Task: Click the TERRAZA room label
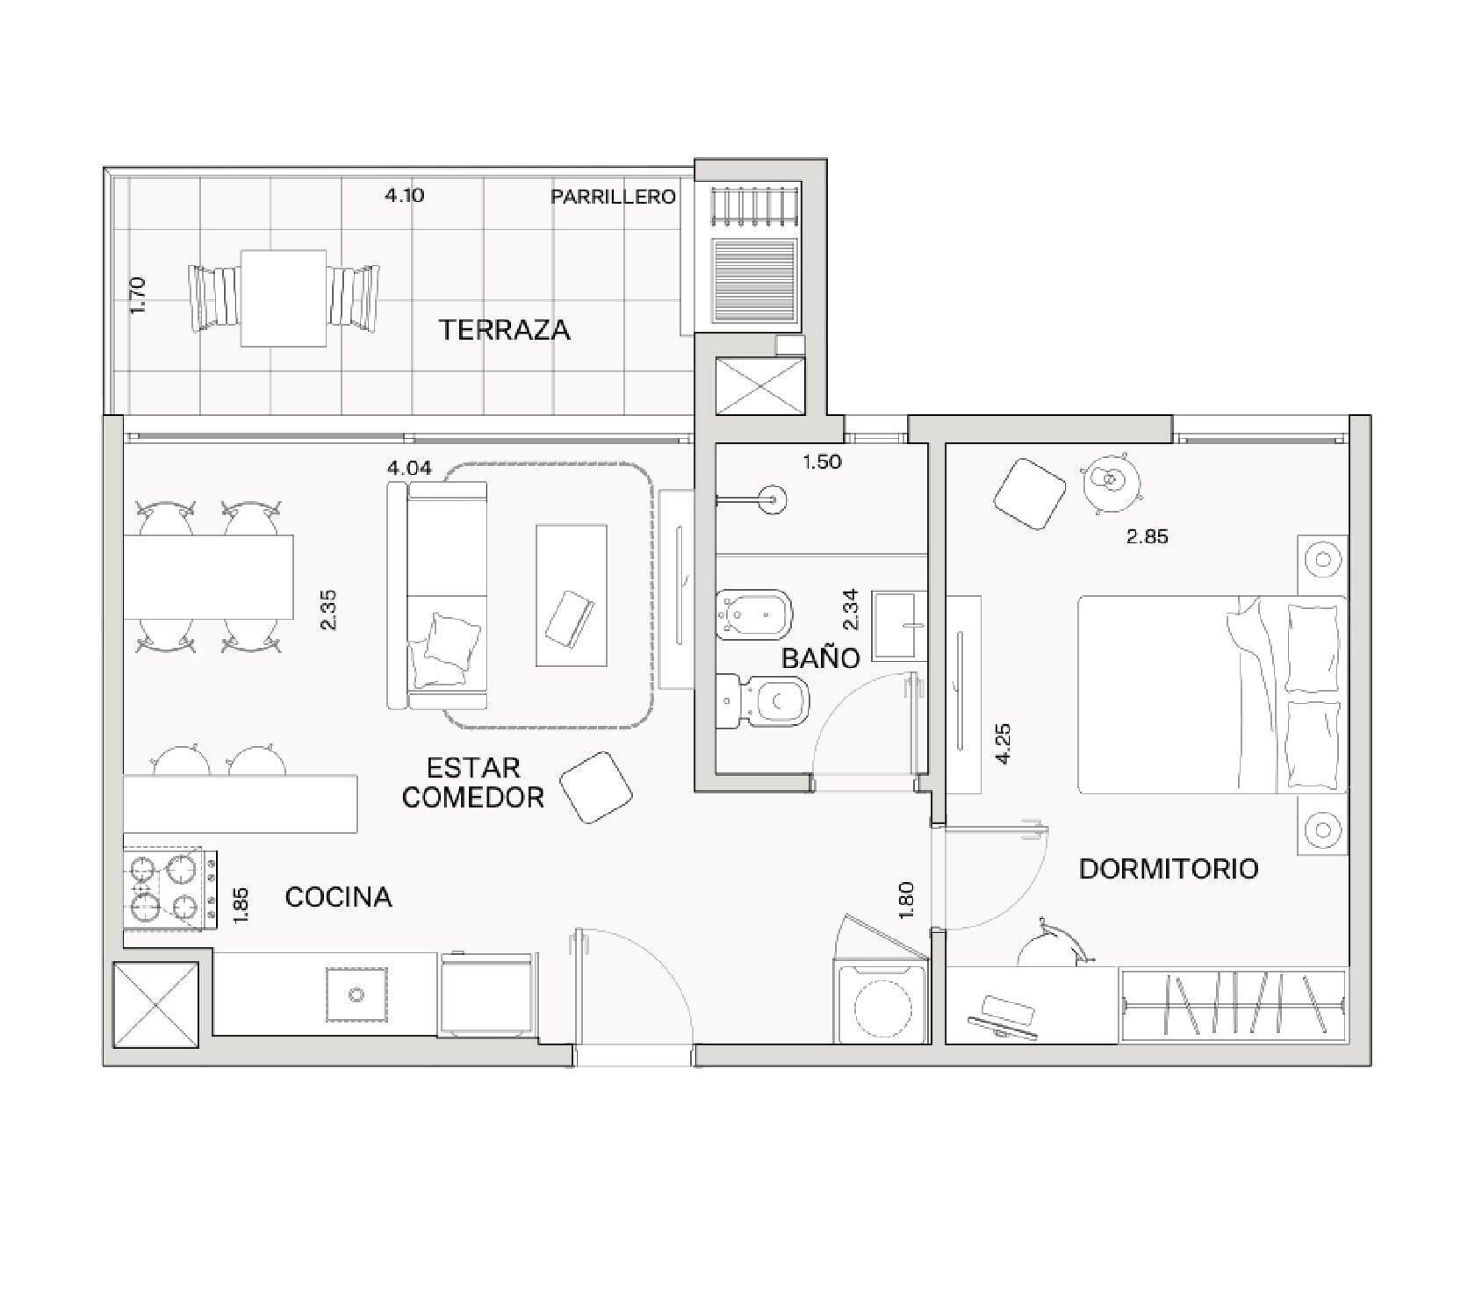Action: click(504, 330)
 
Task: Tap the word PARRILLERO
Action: click(613, 197)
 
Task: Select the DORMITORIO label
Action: click(1169, 869)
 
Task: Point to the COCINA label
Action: click(338, 897)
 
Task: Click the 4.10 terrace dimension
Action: click(404, 195)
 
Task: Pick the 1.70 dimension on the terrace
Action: click(138, 297)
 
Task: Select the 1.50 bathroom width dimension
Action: click(822, 462)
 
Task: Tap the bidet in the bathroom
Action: click(754, 614)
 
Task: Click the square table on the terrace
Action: click(284, 298)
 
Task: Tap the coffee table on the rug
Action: click(571, 595)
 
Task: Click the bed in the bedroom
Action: click(1212, 695)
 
